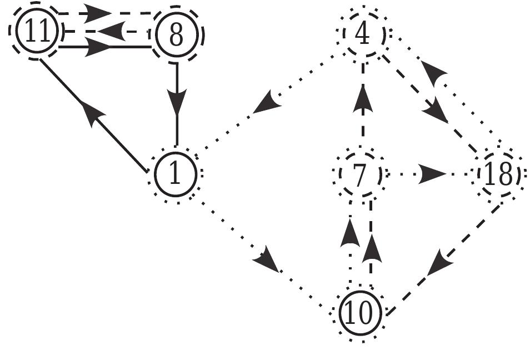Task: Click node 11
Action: tap(36, 33)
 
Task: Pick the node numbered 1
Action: tap(175, 175)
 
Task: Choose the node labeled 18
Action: tap(499, 175)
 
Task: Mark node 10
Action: tap(361, 314)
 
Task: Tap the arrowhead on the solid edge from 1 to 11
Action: tap(91, 111)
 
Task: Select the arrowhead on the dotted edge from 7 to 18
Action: tap(431, 174)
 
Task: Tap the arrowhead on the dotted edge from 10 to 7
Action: tap(350, 232)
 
